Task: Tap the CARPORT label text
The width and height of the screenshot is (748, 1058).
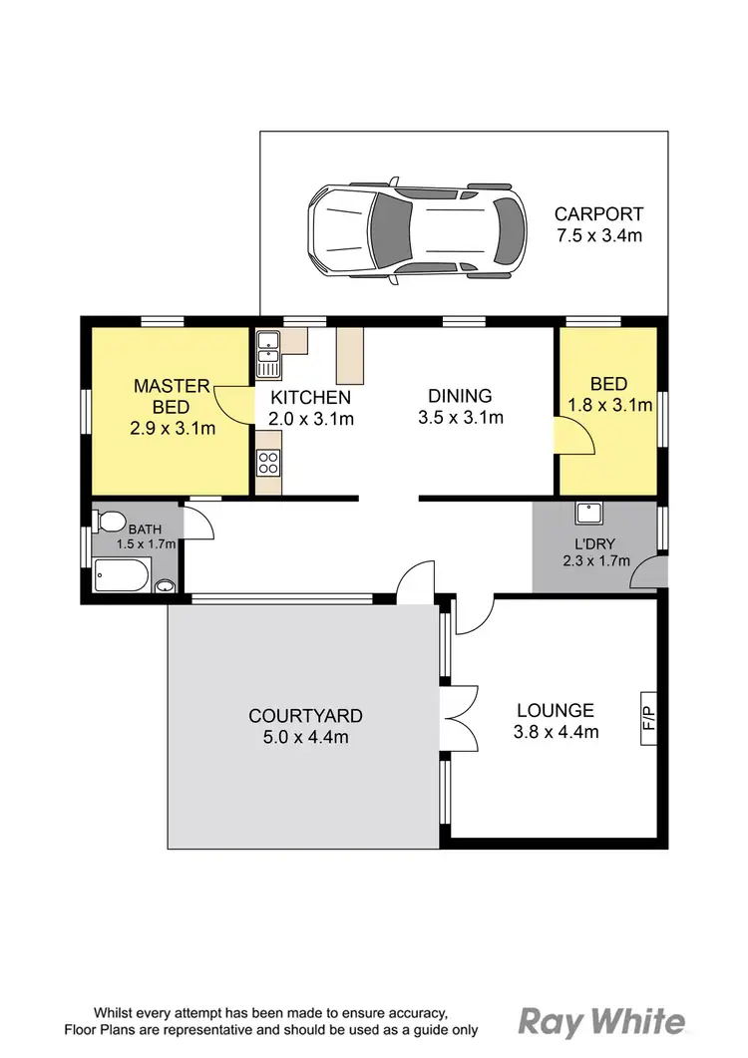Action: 598,213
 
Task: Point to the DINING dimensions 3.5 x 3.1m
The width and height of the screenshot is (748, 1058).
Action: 460,418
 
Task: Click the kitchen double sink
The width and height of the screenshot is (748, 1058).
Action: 267,351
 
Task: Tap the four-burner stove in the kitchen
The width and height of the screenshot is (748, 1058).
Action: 268,462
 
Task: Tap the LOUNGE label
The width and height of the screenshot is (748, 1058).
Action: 556,711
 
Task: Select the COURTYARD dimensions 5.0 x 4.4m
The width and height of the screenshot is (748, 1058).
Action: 305,738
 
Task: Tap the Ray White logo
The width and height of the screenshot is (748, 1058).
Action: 601,1021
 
